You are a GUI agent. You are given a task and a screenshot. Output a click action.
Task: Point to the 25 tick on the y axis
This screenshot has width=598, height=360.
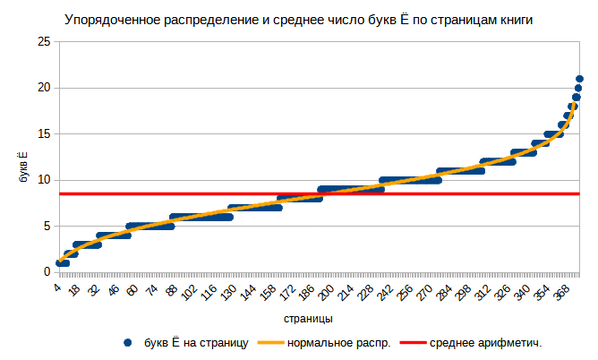43,42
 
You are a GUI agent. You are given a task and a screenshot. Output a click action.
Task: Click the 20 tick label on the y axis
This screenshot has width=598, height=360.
43,88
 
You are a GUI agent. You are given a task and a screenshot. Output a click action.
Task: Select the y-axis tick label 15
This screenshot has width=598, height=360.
43,134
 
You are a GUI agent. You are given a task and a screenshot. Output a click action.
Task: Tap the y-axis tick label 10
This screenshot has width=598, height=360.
43,180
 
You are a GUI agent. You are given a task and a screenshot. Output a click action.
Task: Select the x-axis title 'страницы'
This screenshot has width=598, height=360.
309,319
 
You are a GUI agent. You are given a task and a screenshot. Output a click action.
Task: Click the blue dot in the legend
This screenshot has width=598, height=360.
128,343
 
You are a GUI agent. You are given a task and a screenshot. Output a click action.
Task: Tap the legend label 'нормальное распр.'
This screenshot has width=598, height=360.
338,343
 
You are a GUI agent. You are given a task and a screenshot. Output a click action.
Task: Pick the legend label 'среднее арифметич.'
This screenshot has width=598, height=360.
486,343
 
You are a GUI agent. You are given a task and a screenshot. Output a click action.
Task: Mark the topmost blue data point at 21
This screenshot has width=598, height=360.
579,79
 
